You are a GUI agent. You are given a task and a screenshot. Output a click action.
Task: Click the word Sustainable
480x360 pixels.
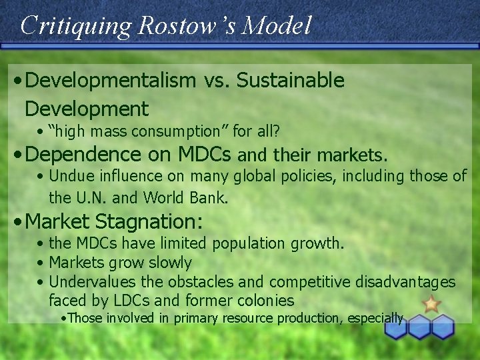click(290, 81)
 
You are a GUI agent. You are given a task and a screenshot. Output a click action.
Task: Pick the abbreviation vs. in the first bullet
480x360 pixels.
click(215, 81)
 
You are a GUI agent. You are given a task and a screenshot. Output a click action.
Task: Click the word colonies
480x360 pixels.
click(263, 301)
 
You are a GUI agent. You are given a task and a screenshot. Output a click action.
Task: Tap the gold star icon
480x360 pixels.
click(431, 304)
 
